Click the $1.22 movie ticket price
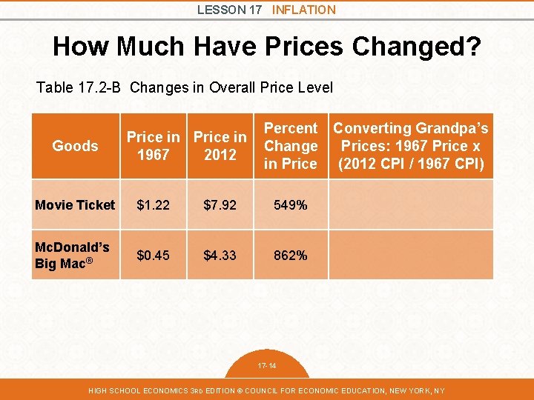(x=153, y=205)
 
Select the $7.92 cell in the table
(x=220, y=205)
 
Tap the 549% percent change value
(x=290, y=205)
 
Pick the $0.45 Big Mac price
(x=153, y=255)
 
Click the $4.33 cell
(x=220, y=255)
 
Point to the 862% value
(x=290, y=255)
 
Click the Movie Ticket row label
(x=75, y=205)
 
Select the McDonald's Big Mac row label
(x=72, y=255)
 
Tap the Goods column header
(x=75, y=146)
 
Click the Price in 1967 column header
(x=153, y=146)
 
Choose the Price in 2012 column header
(x=220, y=146)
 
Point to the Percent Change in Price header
(x=290, y=146)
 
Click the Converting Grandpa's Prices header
(x=410, y=146)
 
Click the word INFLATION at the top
(x=303, y=10)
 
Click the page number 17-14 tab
(x=266, y=366)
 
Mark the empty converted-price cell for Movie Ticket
(x=410, y=205)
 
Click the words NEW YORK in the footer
(x=406, y=390)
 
